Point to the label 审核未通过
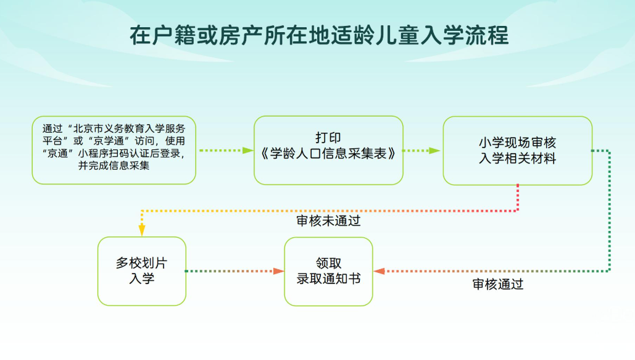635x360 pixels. tap(328, 220)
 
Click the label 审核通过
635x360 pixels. tap(498, 284)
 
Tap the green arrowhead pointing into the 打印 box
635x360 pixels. tap(248, 150)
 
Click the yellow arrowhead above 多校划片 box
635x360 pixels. tap(142, 230)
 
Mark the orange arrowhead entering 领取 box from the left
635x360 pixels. tap(278, 271)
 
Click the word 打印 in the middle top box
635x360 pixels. tap(328, 138)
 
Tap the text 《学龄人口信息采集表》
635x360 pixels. tap(328, 153)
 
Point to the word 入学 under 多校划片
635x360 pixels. tap(141, 278)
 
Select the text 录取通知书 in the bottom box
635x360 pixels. tap(328, 278)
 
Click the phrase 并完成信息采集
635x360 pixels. tap(114, 165)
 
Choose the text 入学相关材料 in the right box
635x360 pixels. tap(517, 159)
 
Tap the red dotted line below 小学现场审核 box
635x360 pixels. tap(517, 198)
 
